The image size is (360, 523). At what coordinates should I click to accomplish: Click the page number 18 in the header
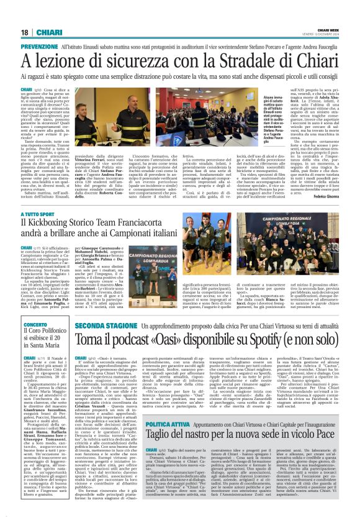click(x=25, y=32)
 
